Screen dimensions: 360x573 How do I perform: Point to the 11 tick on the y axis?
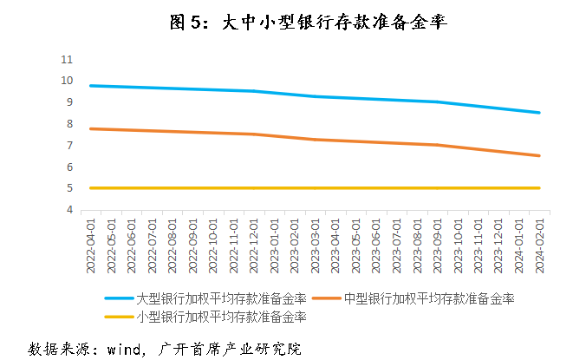point(67,59)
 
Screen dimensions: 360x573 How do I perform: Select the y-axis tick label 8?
point(69,124)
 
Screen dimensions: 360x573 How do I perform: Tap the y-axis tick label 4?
point(69,210)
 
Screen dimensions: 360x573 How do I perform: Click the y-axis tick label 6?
point(69,167)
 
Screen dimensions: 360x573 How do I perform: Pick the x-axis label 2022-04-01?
point(90,245)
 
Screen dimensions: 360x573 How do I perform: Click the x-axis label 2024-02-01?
point(539,245)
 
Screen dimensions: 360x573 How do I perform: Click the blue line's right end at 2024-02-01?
point(539,113)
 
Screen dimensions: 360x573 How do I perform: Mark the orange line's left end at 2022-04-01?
point(90,128)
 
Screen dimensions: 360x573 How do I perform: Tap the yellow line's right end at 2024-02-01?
point(539,187)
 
